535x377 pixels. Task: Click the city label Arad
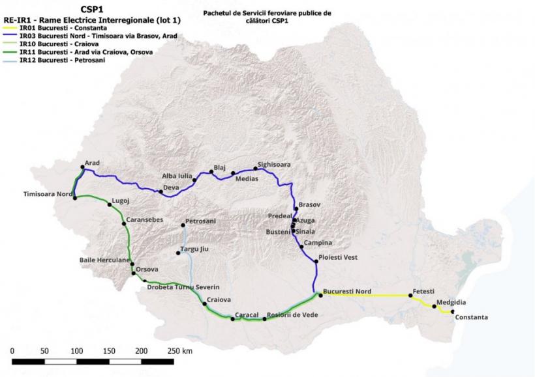pos(92,163)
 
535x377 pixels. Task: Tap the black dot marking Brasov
pos(296,209)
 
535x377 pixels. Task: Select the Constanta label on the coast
pos(472,317)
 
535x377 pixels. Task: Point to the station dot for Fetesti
pos(410,296)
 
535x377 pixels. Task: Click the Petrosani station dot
pos(183,225)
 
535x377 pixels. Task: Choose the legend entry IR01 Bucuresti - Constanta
pos(63,28)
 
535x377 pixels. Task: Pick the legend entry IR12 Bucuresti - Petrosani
pos(63,61)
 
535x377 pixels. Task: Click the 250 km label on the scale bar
pos(180,351)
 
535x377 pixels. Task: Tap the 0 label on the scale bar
pos(12,351)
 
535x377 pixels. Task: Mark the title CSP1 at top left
pos(92,9)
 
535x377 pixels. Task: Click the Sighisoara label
pos(274,165)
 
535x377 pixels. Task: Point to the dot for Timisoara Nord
pos(75,198)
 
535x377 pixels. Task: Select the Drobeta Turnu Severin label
pos(183,287)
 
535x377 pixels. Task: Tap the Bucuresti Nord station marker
pos(321,295)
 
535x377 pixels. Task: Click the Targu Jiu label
pos(194,249)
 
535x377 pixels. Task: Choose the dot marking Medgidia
pos(435,307)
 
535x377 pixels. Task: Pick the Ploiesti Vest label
pos(338,257)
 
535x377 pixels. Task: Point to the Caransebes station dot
pos(124,224)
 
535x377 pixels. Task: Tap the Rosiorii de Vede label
pos(292,315)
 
